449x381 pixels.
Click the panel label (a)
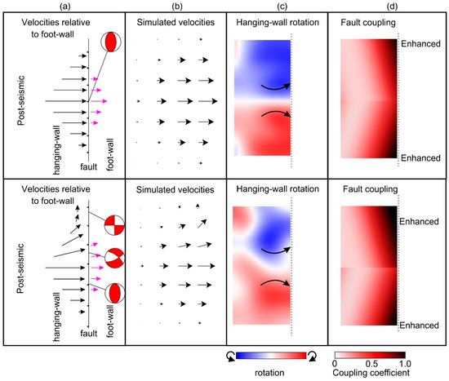64,6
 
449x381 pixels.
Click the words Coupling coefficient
371,374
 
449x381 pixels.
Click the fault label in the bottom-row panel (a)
87,333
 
